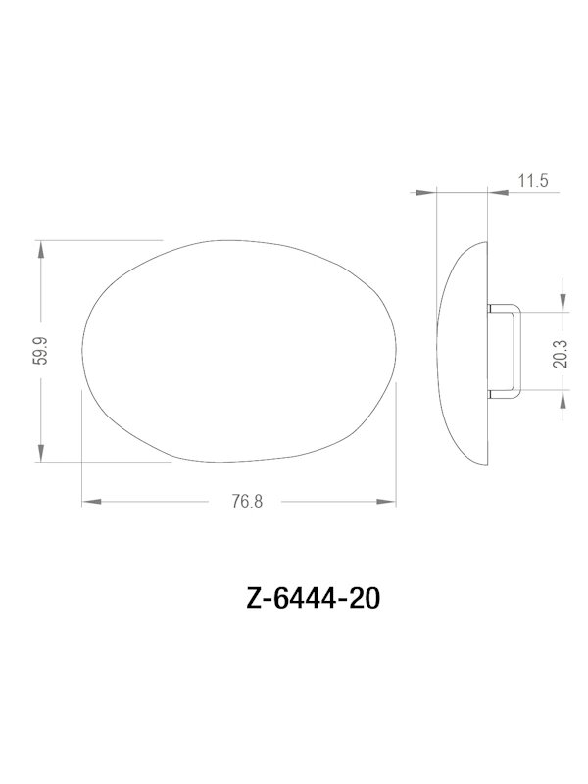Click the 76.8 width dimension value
pos(247,502)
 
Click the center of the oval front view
pos(241,351)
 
